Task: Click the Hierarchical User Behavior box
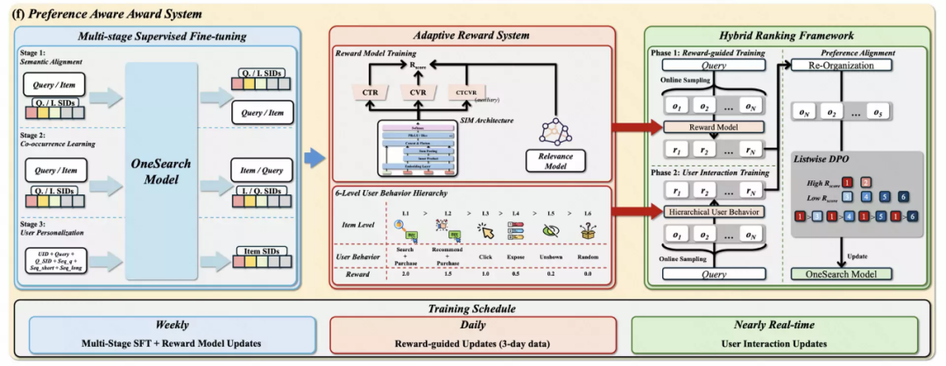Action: [x=711, y=210]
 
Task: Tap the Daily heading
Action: [x=471, y=325]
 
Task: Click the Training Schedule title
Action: [x=472, y=308]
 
